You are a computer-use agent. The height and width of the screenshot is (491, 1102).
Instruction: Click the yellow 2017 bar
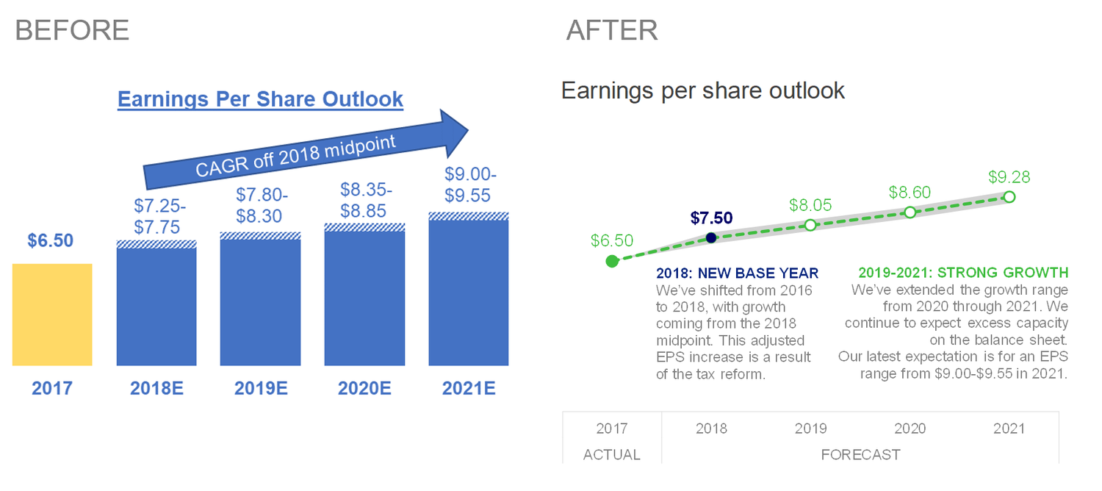click(x=52, y=315)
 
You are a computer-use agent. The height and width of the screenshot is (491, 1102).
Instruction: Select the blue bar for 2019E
click(x=261, y=301)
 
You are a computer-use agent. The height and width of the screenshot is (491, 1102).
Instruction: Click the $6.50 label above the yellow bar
click(x=51, y=240)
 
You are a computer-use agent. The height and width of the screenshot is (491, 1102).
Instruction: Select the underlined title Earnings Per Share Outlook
click(x=260, y=99)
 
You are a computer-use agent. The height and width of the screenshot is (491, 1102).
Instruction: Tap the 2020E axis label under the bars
click(x=365, y=388)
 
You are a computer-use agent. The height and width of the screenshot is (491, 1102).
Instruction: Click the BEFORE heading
click(x=72, y=30)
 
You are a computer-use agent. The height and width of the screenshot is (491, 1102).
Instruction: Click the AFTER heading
click(x=612, y=30)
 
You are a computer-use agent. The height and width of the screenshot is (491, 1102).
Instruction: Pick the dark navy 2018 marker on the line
click(x=710, y=237)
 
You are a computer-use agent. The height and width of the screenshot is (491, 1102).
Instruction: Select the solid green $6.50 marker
click(x=612, y=261)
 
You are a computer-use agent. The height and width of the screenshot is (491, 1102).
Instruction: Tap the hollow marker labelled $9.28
click(x=1009, y=197)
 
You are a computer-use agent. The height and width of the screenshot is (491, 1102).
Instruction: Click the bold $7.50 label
click(x=711, y=218)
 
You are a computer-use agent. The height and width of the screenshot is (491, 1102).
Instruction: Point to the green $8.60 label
click(x=910, y=193)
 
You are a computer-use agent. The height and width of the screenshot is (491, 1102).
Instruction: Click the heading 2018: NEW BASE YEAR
click(x=737, y=273)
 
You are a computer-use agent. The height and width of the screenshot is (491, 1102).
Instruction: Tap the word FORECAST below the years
click(x=860, y=455)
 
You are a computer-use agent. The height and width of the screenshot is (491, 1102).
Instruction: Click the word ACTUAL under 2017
click(x=612, y=455)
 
